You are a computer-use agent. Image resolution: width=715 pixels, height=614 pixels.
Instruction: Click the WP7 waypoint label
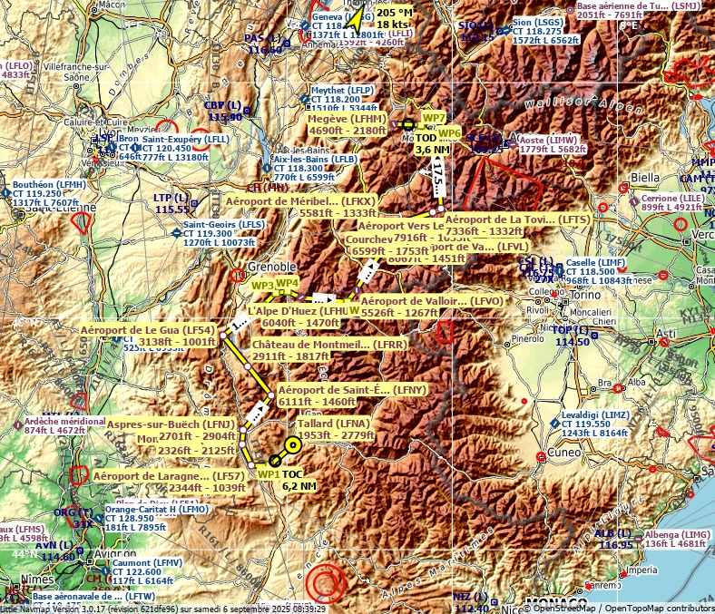435,118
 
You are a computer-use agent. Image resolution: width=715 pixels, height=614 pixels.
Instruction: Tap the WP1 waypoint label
269,474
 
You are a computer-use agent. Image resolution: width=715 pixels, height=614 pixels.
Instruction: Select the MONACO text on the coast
556,603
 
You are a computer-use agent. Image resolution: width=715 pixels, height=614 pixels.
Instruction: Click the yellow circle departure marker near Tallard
292,445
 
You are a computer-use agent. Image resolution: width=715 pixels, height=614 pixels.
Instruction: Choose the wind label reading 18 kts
393,24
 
